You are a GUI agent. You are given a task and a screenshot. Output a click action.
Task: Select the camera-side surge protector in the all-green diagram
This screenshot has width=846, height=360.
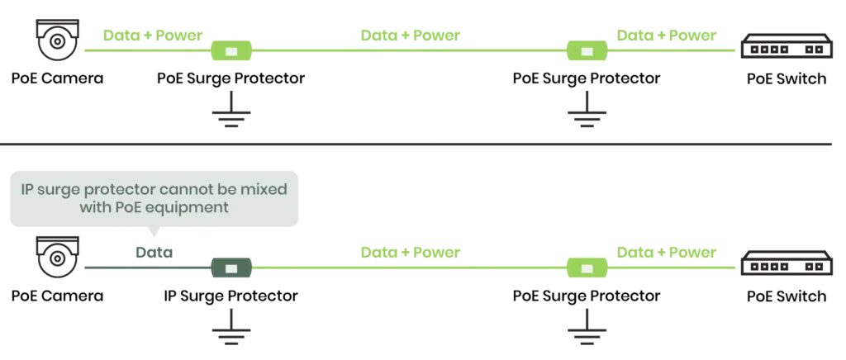231,53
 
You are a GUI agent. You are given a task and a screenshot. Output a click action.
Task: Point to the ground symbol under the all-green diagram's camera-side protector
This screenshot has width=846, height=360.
231,116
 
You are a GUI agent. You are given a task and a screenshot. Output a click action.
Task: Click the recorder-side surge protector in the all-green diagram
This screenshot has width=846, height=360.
586,53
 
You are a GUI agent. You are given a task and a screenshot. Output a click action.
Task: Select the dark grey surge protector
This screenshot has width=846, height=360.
231,268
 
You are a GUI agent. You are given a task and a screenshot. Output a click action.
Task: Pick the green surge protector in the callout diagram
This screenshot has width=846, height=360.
586,268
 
